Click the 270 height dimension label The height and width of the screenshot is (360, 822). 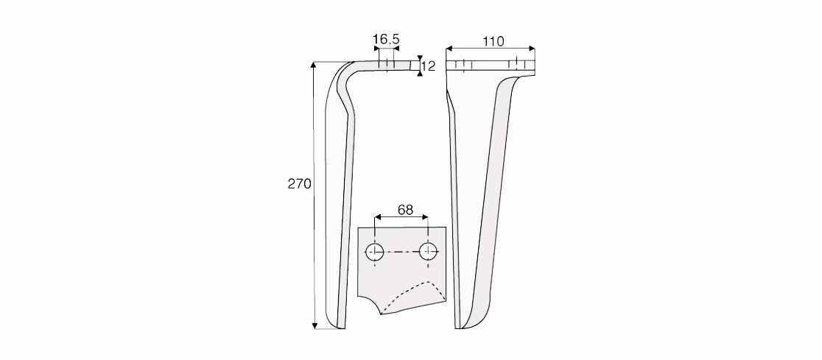299,184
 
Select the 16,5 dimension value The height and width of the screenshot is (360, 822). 386,39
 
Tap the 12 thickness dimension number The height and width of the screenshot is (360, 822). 428,66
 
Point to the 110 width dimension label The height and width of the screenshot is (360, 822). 493,41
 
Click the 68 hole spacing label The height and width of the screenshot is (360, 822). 405,210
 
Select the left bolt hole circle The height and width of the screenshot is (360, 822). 374,252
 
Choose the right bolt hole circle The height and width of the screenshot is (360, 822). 428,252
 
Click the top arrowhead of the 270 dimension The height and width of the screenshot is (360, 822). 315,65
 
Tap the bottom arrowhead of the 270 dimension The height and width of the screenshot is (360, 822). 315,326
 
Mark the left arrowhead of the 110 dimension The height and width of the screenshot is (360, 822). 449,49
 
